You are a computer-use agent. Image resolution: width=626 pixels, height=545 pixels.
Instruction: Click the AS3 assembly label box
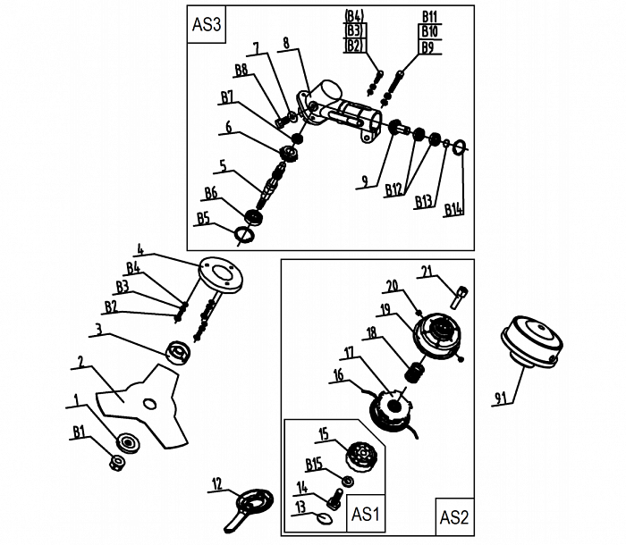coord(207,25)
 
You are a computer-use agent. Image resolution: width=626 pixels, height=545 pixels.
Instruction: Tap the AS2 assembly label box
coord(454,516)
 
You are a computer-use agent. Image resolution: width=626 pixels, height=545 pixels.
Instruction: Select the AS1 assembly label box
coord(366,515)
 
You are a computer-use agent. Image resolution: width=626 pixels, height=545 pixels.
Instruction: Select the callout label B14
coord(455,210)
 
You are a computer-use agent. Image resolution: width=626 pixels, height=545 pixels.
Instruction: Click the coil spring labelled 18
coord(414,370)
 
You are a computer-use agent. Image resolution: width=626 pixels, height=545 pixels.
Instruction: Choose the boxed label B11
coord(429,18)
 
